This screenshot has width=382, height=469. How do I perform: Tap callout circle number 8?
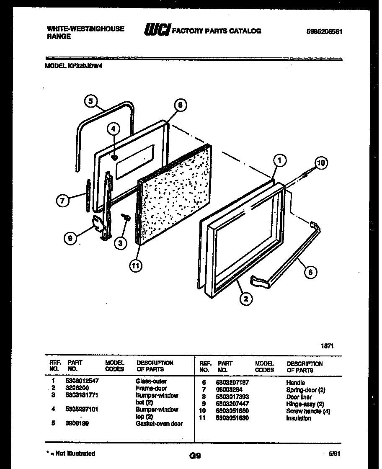click(x=180, y=106)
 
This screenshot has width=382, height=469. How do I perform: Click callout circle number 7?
click(x=62, y=201)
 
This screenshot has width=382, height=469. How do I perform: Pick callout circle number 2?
click(x=246, y=299)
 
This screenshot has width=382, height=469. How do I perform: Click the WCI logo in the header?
click(x=157, y=31)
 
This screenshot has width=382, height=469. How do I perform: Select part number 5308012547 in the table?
click(x=82, y=381)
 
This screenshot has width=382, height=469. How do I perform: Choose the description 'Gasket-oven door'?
click(x=159, y=423)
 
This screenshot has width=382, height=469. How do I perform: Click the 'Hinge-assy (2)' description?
click(x=305, y=404)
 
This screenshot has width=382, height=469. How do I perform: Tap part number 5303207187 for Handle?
click(x=232, y=383)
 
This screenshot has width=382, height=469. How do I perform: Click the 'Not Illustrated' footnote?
click(x=70, y=454)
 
